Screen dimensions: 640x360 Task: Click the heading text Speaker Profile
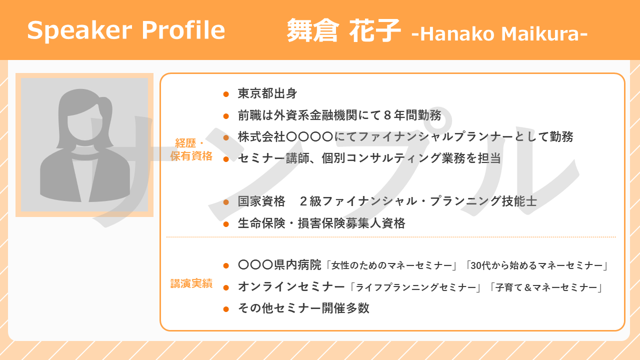pyautogui.click(x=126, y=30)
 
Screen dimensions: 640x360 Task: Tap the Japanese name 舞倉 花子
pyautogui.click(x=343, y=30)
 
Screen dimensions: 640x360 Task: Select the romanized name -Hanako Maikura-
pyautogui.click(x=499, y=33)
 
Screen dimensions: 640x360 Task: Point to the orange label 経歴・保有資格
pyautogui.click(x=191, y=149)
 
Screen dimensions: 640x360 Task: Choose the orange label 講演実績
pyautogui.click(x=191, y=283)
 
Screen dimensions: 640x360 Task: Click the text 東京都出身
pyautogui.click(x=267, y=93)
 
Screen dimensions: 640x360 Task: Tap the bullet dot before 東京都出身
pyautogui.click(x=226, y=94)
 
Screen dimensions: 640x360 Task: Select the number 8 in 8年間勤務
pyautogui.click(x=387, y=115)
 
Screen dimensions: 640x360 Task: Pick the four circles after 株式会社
pyautogui.click(x=309, y=137)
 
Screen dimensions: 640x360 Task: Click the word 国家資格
pyautogui.click(x=261, y=201)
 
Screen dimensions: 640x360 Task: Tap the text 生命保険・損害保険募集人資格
pyautogui.click(x=321, y=223)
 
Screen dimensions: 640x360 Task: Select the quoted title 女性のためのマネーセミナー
pyautogui.click(x=391, y=265)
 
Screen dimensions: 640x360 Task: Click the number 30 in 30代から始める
pyautogui.click(x=476, y=265)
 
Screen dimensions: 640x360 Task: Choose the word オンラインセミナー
pyautogui.click(x=291, y=287)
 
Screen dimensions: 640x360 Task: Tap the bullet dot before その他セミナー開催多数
pyautogui.click(x=226, y=309)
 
